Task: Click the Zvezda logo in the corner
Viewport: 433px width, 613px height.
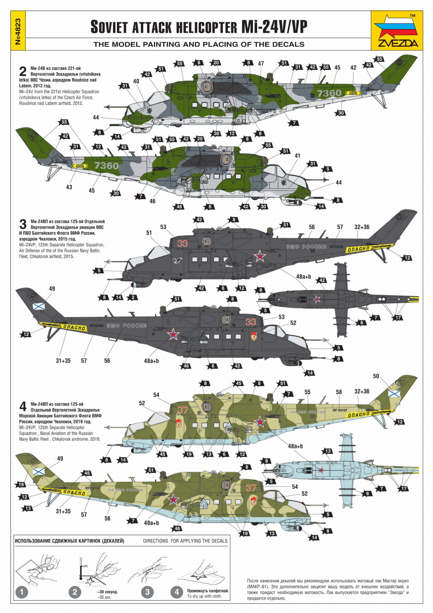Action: pos(397,31)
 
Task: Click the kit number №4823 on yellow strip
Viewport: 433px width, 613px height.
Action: pos(18,31)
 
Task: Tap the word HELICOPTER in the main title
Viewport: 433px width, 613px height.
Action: pos(206,27)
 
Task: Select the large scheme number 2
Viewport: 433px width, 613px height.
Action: pos(23,72)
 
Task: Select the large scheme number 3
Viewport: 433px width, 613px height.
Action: pos(23,224)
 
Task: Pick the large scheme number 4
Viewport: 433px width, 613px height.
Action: pos(23,407)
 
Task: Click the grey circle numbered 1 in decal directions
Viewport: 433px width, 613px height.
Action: pos(22,592)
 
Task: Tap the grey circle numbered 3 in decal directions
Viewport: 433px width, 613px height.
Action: pos(147,592)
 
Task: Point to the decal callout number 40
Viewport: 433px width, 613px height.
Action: pos(136,81)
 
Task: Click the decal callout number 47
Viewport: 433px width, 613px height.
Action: pos(261,63)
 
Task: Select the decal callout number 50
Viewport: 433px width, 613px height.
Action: pos(376,376)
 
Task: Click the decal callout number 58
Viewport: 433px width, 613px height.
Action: pos(339,392)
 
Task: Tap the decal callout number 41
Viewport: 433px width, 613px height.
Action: pos(297,155)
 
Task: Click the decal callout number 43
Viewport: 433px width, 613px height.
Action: pos(69,187)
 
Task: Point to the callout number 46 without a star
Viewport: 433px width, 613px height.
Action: pos(153,201)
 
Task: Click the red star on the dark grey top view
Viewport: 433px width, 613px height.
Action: pos(317,299)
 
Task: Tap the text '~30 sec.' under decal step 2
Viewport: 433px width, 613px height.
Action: pos(104,597)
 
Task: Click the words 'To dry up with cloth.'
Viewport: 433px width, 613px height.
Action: pos(205,596)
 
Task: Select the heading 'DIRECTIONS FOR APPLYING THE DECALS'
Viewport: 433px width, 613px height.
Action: pos(185,541)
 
